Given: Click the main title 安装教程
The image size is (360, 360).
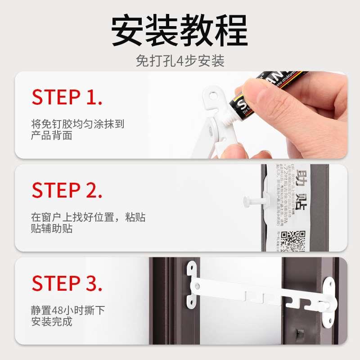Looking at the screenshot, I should tap(180, 31).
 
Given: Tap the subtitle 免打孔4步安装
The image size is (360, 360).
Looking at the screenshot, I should tap(180, 61).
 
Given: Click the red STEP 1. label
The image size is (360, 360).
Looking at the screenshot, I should tap(67, 97).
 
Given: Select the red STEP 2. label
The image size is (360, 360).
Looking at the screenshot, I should tap(67, 190).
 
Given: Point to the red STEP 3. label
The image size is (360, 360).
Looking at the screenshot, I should tap(67, 283).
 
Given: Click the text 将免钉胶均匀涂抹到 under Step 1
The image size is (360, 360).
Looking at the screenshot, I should tap(77, 124).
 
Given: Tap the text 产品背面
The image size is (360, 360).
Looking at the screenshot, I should tap(52, 135).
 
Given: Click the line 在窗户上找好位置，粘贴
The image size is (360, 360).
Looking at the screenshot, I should tap(88, 217).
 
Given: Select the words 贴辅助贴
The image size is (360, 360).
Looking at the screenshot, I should tap(52, 229).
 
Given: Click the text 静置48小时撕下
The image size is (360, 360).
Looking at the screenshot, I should tap(67, 310).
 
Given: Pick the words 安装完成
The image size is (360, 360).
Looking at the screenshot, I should tap(52, 322).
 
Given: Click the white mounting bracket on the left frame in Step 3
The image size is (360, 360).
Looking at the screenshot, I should tap(192, 283).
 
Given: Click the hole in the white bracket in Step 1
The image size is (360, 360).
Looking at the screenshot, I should tap(213, 95).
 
